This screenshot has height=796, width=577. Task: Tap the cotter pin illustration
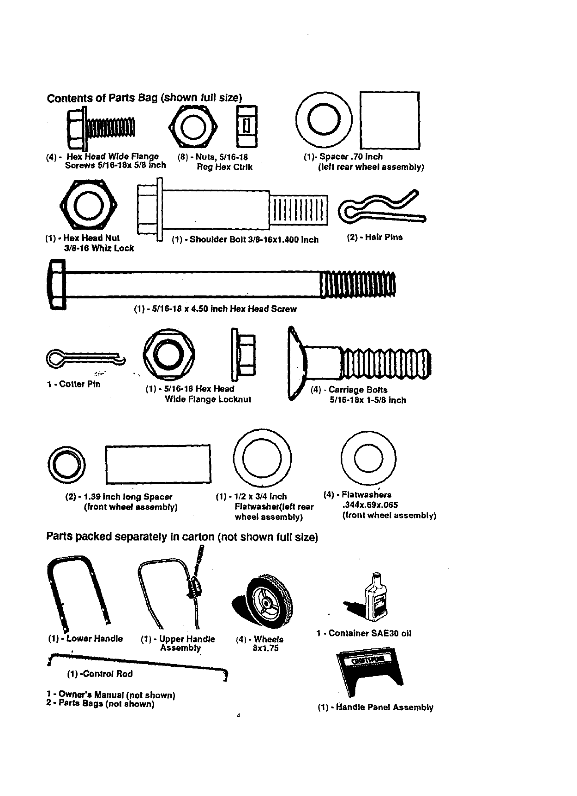click(x=85, y=358)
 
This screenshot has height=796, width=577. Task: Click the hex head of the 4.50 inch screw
click(x=56, y=284)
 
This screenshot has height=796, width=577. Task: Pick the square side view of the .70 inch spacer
click(x=390, y=121)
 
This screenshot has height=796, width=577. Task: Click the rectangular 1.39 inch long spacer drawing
click(x=158, y=464)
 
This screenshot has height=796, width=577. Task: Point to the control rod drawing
click(x=138, y=662)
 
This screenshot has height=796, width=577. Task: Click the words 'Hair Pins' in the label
click(x=384, y=238)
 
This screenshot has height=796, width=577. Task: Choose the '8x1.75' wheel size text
click(x=266, y=648)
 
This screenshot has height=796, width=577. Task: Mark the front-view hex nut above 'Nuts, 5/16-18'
click(x=192, y=125)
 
